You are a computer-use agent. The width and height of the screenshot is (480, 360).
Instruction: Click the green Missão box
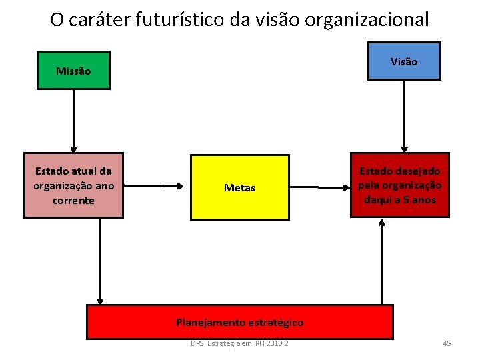click(74, 71)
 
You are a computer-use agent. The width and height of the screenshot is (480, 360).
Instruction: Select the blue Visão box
click(404, 61)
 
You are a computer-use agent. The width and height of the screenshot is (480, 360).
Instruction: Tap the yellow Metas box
click(240, 187)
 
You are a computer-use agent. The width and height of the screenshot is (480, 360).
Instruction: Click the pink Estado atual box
click(74, 186)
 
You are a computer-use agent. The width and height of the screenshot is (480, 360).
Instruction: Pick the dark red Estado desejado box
click(400, 186)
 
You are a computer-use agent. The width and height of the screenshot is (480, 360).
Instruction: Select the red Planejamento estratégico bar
click(240, 322)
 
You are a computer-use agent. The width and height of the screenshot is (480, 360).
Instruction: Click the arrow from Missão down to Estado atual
click(74, 120)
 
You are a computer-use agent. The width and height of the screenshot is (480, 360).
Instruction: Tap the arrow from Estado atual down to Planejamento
click(100, 260)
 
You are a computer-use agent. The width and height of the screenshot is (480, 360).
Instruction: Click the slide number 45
click(447, 343)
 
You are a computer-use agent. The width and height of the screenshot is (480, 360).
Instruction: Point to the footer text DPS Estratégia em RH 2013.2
click(239, 343)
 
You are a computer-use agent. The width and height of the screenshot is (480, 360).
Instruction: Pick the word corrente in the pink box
click(74, 201)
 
